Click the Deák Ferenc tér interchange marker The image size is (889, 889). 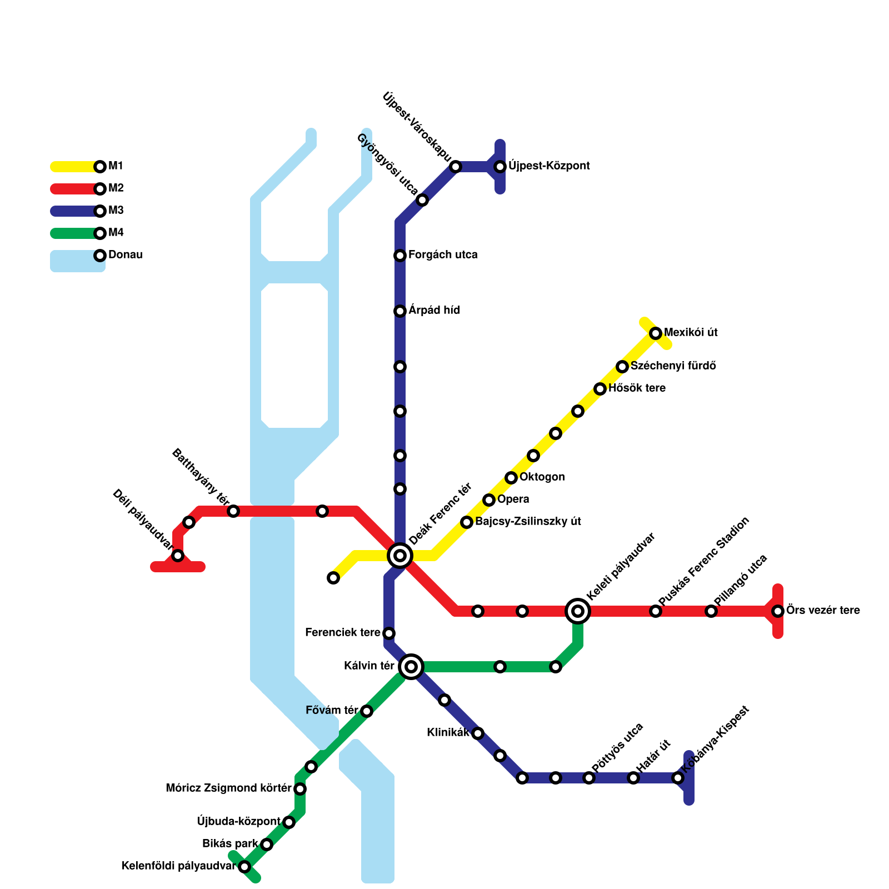click(x=400, y=555)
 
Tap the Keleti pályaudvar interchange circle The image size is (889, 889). click(x=578, y=611)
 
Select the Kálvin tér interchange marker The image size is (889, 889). click(x=411, y=666)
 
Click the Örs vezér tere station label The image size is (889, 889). click(x=823, y=611)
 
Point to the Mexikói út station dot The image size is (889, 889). click(x=656, y=333)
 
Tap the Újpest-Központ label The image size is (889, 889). click(x=549, y=166)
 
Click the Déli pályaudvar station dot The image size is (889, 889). click(x=178, y=556)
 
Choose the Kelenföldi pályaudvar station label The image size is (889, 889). click(x=178, y=866)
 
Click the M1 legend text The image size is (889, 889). click(x=116, y=166)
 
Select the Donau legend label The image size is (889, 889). click(x=126, y=255)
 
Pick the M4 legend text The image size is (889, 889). click(x=116, y=233)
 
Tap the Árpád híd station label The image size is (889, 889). click(x=434, y=311)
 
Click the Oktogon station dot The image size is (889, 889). click(x=511, y=478)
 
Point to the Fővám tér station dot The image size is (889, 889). click(x=367, y=711)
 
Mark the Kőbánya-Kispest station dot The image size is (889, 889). click(x=678, y=778)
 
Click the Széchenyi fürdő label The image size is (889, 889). click(x=673, y=366)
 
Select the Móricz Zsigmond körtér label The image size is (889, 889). click(x=228, y=788)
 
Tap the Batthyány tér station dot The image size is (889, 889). click(x=233, y=511)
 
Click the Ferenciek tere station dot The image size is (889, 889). click(x=389, y=633)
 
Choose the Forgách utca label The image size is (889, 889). click(x=443, y=255)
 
